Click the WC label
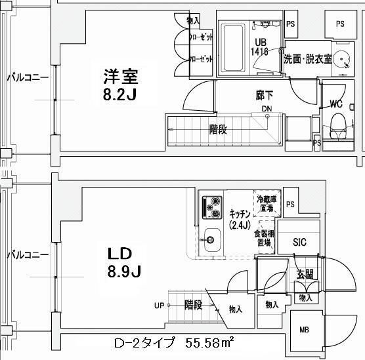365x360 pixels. point(335,104)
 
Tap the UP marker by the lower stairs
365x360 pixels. point(160,305)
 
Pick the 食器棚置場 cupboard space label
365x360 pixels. point(266,237)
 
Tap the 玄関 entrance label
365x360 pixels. point(304,274)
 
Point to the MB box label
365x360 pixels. point(305,330)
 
